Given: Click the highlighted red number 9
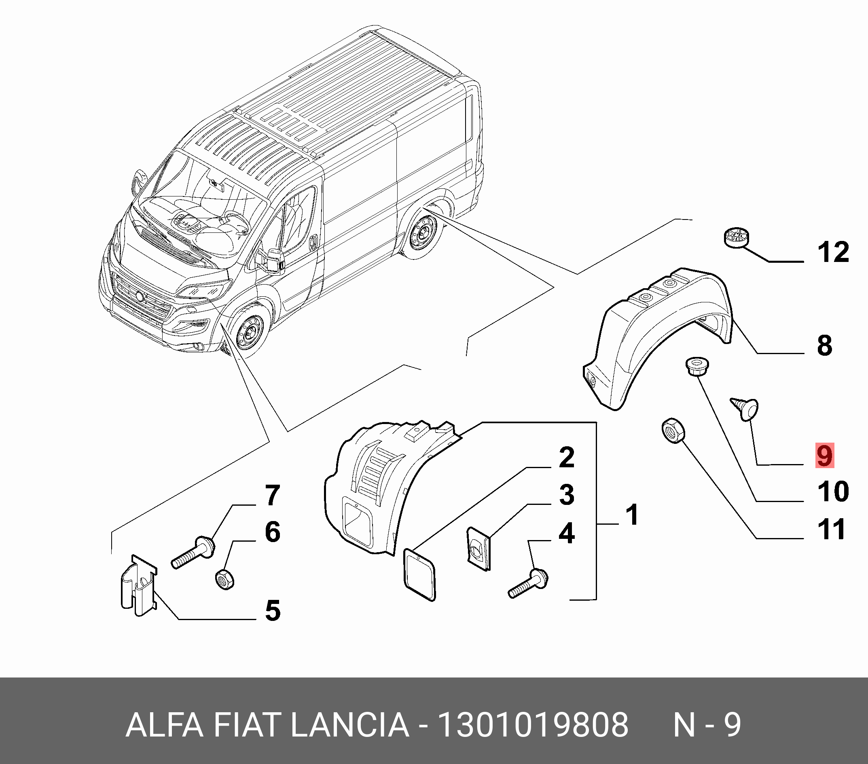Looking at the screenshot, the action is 825,456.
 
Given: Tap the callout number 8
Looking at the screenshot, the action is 825,346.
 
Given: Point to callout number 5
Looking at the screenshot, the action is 273,611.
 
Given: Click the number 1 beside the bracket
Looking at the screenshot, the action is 633,515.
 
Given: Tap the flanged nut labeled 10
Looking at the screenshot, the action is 697,367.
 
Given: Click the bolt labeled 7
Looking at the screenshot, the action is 193,552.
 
